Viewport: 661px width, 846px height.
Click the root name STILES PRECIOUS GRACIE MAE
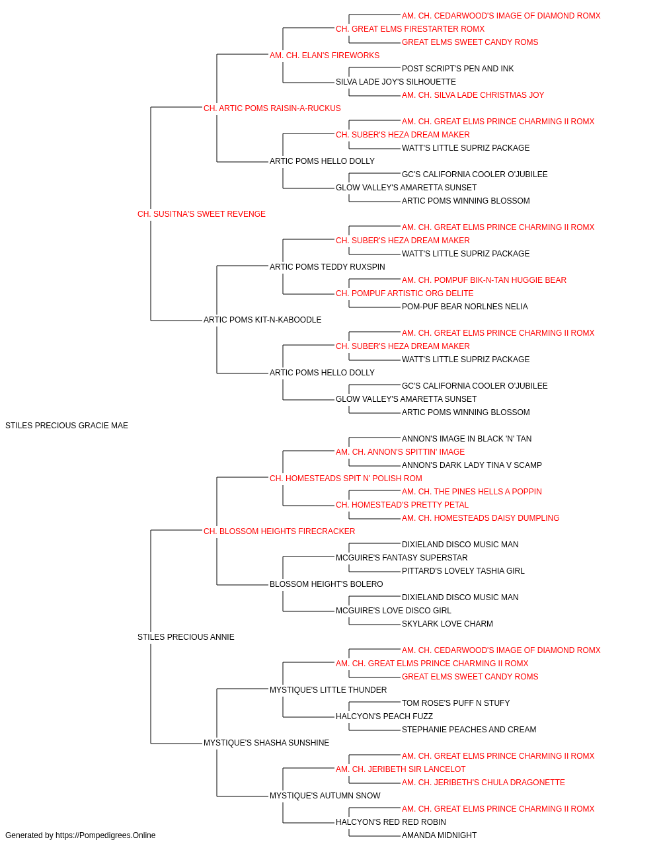[67, 426]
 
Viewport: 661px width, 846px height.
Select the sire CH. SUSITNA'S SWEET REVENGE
[201, 214]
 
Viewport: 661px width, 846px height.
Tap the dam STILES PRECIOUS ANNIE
[186, 637]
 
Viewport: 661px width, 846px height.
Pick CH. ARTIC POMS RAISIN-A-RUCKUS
[272, 108]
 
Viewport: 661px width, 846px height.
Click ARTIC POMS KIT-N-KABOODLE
[262, 320]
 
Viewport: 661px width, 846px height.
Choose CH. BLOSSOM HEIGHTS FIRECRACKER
[279, 531]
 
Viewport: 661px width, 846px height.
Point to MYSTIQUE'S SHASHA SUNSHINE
[266, 743]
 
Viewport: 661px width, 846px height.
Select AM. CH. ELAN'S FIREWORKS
[325, 56]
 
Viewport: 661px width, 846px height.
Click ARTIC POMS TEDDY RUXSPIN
[327, 266]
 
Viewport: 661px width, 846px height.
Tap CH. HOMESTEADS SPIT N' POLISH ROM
[346, 478]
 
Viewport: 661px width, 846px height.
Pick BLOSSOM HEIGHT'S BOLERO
[327, 584]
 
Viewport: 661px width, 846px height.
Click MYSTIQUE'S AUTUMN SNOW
[325, 796]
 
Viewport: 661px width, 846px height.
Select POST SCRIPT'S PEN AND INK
[458, 69]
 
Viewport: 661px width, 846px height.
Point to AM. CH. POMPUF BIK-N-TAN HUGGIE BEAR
[484, 280]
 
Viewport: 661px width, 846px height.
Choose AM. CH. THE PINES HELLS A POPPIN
[472, 491]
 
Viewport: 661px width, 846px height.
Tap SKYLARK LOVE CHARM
[447, 624]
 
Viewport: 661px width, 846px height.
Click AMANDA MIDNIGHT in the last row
[439, 835]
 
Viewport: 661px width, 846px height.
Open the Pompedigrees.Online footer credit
[80, 835]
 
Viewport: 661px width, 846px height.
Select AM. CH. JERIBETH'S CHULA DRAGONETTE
[483, 783]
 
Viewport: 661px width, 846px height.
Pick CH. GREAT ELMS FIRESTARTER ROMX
[410, 29]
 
